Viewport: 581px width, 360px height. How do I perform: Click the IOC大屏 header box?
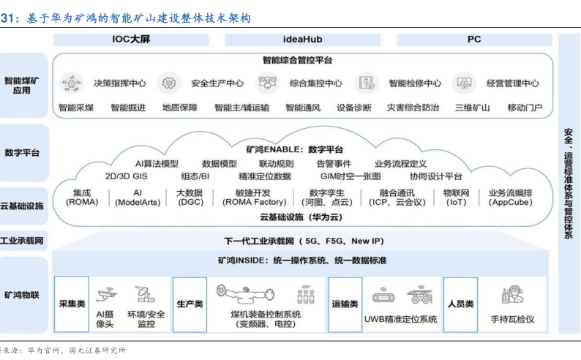[x=131, y=40]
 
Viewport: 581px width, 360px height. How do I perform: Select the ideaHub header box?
[x=302, y=40]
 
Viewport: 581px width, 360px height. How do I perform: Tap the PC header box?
[x=473, y=40]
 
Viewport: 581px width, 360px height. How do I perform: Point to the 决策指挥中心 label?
[x=120, y=83]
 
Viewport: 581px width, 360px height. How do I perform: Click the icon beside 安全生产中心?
[x=168, y=83]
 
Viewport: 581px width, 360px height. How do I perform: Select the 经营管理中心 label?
[x=512, y=83]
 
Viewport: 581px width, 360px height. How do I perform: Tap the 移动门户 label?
[x=525, y=108]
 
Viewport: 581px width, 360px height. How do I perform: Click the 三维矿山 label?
[x=472, y=108]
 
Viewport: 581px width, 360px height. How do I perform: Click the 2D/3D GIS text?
[x=126, y=176]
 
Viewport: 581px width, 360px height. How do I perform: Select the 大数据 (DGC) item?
[x=190, y=197]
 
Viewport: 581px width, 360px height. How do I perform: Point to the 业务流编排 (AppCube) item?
[x=510, y=197]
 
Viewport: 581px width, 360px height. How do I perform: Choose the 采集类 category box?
[x=72, y=304]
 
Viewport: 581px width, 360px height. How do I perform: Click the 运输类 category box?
[x=345, y=304]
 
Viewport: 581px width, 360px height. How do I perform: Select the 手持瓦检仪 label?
[x=512, y=319]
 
